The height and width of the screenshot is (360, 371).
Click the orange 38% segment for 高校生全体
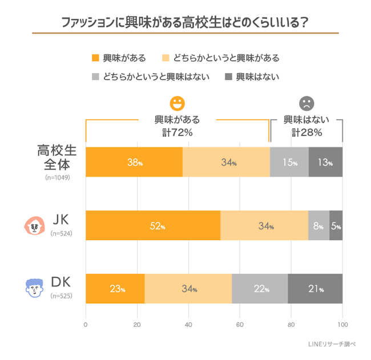(134, 162)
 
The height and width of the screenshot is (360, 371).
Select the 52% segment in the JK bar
(153, 225)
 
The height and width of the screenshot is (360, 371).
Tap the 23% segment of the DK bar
(115, 289)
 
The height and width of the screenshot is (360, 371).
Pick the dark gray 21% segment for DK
(315, 289)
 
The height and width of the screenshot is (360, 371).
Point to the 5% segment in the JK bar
(336, 225)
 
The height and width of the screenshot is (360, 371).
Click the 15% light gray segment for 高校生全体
(289, 162)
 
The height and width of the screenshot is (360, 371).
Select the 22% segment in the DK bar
(260, 289)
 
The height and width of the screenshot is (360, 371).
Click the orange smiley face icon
(178, 103)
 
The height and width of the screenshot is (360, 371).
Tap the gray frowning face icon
(307, 103)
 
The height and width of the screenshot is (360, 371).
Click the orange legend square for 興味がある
(95, 58)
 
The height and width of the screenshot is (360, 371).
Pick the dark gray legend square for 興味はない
(229, 76)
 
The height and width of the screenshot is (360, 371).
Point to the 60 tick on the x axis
(240, 325)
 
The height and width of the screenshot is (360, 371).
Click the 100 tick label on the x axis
(342, 325)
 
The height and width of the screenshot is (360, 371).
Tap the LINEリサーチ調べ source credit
(332, 345)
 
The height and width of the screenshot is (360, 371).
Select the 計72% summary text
(177, 132)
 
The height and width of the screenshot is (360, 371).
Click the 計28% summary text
(307, 132)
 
